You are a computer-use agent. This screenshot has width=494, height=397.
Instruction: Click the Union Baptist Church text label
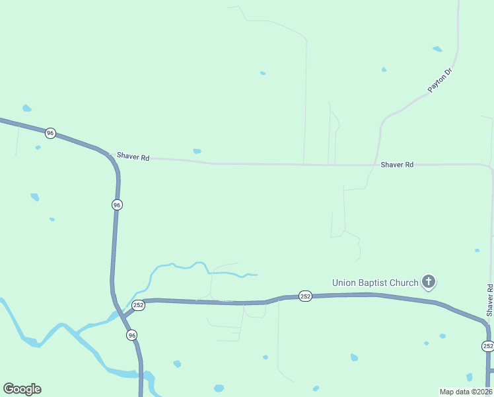click(x=375, y=283)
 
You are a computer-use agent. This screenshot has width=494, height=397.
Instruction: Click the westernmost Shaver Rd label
click(x=133, y=157)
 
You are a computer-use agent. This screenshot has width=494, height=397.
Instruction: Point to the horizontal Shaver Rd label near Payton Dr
click(x=397, y=164)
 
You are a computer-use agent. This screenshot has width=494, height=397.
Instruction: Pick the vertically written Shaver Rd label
click(x=489, y=300)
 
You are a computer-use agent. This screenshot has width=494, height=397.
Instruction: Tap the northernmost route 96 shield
click(x=50, y=133)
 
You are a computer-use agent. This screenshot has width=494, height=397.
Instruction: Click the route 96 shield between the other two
click(x=117, y=205)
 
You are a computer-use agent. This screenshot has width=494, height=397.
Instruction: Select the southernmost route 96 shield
click(x=132, y=335)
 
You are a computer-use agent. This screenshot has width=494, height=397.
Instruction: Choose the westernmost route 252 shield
click(x=138, y=305)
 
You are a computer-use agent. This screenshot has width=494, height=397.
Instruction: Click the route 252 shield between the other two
click(x=304, y=296)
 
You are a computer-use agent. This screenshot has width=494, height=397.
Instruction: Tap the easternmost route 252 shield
click(x=487, y=346)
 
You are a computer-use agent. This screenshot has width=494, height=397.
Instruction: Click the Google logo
click(x=22, y=389)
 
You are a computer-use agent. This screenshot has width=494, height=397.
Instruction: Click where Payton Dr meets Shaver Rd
click(x=378, y=165)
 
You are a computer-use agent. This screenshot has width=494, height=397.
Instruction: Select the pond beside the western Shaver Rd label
click(x=197, y=151)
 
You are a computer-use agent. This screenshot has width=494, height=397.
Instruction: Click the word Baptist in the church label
click(x=378, y=283)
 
